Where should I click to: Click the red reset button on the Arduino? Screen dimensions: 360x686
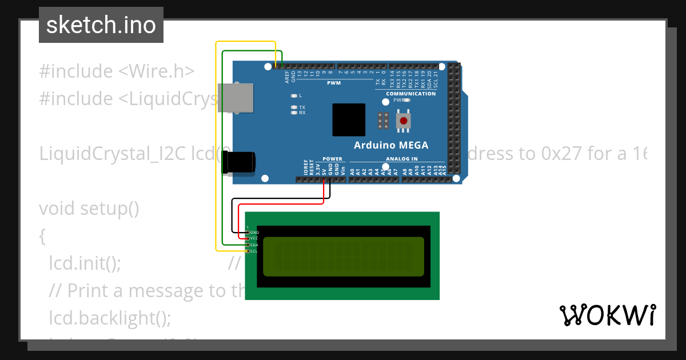pyautogui.click(x=404, y=121)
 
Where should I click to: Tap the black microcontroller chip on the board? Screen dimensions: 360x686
pyautogui.click(x=348, y=120)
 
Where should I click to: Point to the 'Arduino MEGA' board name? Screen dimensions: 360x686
pyautogui.click(x=390, y=145)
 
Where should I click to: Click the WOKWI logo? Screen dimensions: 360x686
pyautogui.click(x=607, y=315)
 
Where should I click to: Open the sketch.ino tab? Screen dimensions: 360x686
pyautogui.click(x=101, y=25)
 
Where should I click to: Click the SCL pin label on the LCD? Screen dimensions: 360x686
pyautogui.click(x=254, y=251)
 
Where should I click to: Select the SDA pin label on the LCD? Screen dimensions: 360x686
pyautogui.click(x=254, y=245)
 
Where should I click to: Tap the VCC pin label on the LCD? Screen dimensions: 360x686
pyautogui.click(x=254, y=238)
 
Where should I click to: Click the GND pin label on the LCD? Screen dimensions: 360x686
pyautogui.click(x=254, y=232)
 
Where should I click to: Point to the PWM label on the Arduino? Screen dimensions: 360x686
pyautogui.click(x=334, y=83)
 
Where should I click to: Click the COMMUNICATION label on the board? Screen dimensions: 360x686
pyautogui.click(x=410, y=94)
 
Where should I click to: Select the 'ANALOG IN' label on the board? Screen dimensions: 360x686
pyautogui.click(x=401, y=159)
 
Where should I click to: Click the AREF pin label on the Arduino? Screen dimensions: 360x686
pyautogui.click(x=287, y=78)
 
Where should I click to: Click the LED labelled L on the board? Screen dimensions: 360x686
pyautogui.click(x=294, y=95)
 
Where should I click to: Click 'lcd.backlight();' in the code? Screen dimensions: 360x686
pyautogui.click(x=110, y=317)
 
